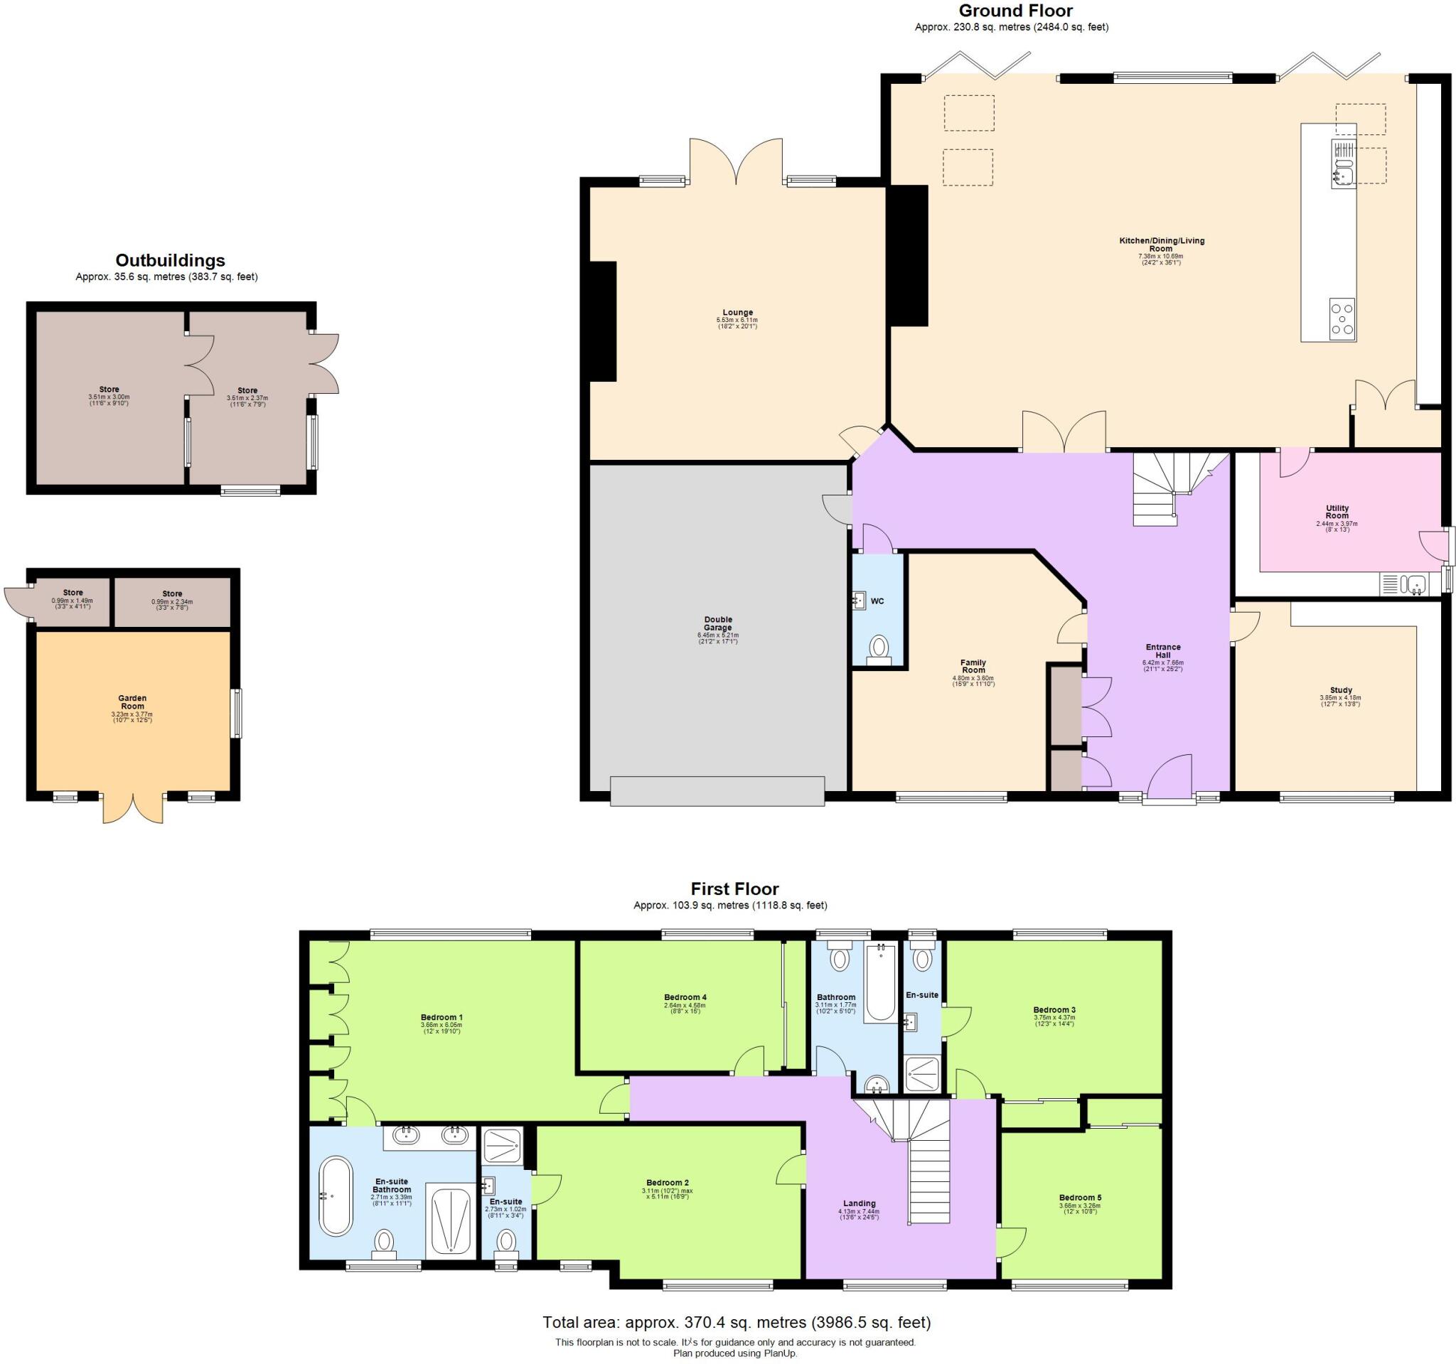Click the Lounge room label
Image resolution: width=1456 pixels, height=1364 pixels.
(x=737, y=313)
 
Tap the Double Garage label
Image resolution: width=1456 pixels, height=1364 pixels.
(x=718, y=623)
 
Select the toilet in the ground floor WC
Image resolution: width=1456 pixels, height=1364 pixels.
(x=877, y=648)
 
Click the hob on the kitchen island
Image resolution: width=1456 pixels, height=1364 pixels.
(x=1342, y=318)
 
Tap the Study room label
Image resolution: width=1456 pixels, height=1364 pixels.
(x=1341, y=689)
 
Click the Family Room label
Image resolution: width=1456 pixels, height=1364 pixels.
(x=973, y=666)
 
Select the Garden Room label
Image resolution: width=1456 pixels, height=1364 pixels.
(x=132, y=702)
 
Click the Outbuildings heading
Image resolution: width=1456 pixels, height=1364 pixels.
(x=170, y=261)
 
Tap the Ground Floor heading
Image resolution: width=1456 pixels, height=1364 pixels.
(x=1015, y=11)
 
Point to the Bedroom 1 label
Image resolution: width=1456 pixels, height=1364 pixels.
(x=441, y=1017)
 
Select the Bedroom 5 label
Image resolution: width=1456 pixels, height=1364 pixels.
(x=1079, y=1198)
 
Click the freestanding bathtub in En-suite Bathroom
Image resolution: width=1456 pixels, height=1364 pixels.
(x=336, y=1196)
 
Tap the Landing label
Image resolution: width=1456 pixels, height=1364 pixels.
(x=859, y=1203)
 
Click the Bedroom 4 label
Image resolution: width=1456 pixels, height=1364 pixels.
(x=685, y=997)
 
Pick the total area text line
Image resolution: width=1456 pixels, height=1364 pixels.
(x=736, y=1322)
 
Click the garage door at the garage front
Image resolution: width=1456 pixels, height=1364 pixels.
(x=717, y=790)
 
